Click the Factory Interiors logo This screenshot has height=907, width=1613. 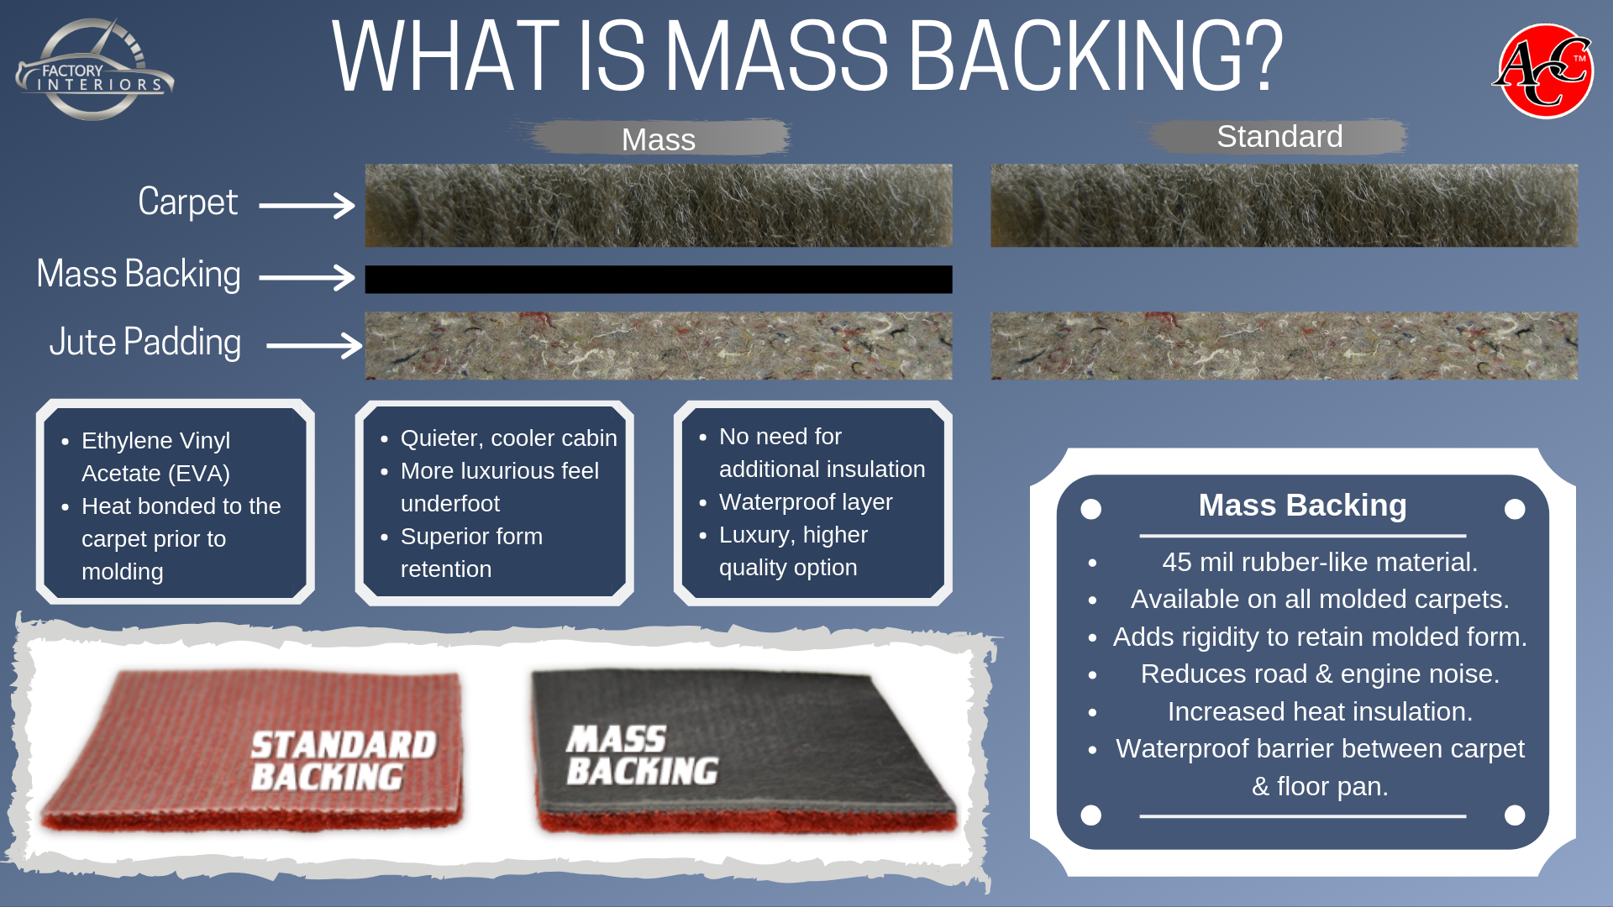pos(94,69)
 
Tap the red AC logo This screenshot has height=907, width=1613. pos(1544,71)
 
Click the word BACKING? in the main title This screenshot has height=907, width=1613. pos(1095,56)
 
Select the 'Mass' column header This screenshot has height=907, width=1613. pos(659,139)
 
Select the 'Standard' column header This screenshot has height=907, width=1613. pos(1279,136)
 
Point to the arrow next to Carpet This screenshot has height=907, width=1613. pos(307,205)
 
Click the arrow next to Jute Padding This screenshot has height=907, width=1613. pos(314,345)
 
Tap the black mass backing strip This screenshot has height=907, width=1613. pos(659,280)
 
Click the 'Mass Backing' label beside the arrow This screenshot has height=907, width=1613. pos(139,275)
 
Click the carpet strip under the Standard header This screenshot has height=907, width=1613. pos(1285,206)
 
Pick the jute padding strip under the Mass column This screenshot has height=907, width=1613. pos(659,346)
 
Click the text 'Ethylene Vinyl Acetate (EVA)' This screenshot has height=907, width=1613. pos(156,457)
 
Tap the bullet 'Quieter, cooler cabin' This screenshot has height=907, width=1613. pos(509,438)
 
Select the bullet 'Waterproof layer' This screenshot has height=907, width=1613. pos(806,502)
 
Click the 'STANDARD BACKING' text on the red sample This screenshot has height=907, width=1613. pos(344,761)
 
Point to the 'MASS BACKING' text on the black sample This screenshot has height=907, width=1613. pos(643,756)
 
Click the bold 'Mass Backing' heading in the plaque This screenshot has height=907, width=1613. pos(1303,506)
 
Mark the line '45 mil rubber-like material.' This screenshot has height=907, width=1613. pos(1320,563)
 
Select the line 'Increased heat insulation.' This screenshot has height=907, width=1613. pos(1320,712)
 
